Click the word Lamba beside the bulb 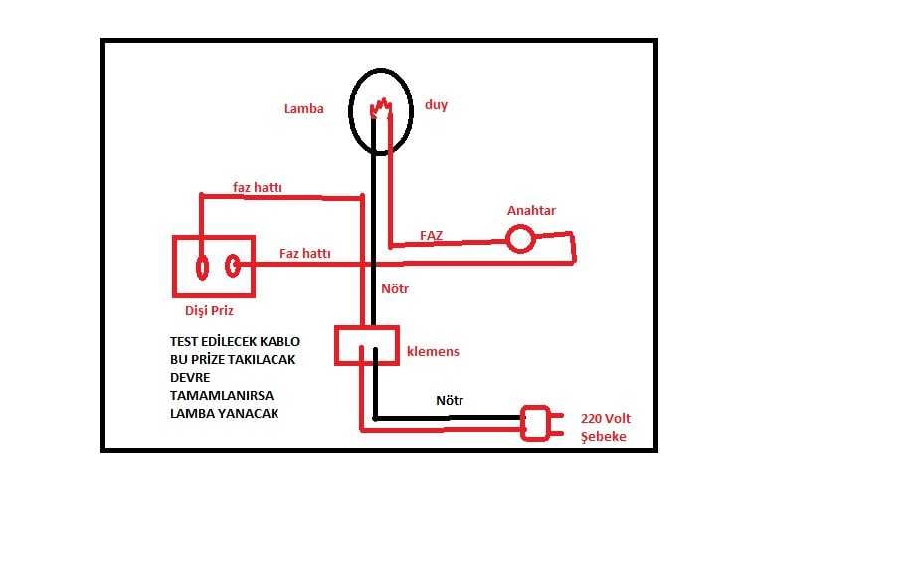303,108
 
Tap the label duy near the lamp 437,105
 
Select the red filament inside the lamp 381,108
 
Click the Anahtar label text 531,210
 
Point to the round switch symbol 520,240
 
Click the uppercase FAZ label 431,235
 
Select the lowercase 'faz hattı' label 258,187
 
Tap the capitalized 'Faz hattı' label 305,253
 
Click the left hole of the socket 202,268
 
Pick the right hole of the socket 233,266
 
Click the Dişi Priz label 209,310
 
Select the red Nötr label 395,289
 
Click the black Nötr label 450,400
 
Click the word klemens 433,351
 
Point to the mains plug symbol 540,423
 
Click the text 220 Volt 605,419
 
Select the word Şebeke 604,436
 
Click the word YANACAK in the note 248,413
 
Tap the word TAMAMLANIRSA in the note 222,396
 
